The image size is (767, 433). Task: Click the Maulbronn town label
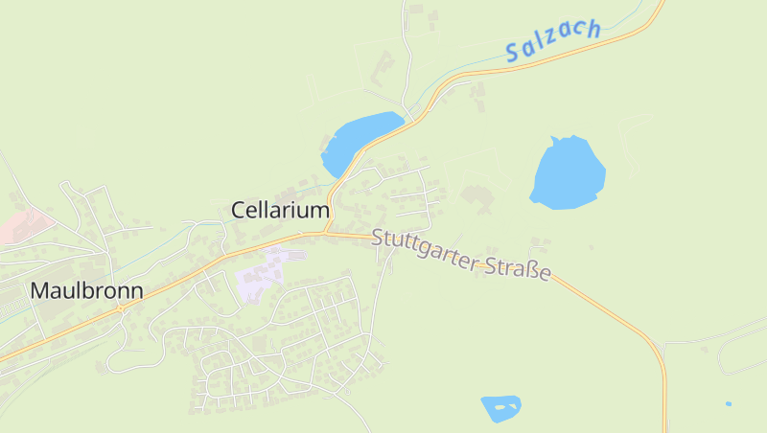pyautogui.click(x=86, y=290)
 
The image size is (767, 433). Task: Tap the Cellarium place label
pyautogui.click(x=280, y=210)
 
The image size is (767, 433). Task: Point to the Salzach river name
pyautogui.click(x=553, y=40)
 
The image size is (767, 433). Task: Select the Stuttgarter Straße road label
pyautogui.click(x=461, y=255)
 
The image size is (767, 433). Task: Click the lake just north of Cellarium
pyautogui.click(x=360, y=138)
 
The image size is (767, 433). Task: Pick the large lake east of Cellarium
pyautogui.click(x=568, y=173)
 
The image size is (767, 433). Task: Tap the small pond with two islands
pyautogui.click(x=500, y=408)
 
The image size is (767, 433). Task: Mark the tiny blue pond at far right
pyautogui.click(x=729, y=403)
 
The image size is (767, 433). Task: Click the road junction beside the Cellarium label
pyautogui.click(x=326, y=231)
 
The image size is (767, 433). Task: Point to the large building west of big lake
pyautogui.click(x=476, y=198)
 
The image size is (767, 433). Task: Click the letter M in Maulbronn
pyautogui.click(x=41, y=290)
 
